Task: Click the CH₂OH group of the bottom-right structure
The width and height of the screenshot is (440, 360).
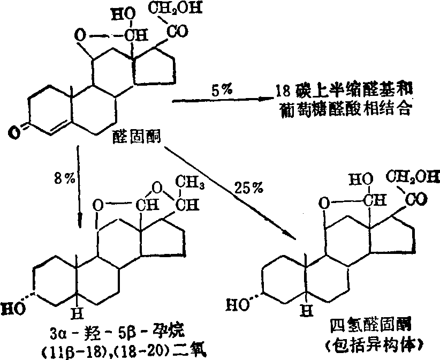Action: coord(412,175)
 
